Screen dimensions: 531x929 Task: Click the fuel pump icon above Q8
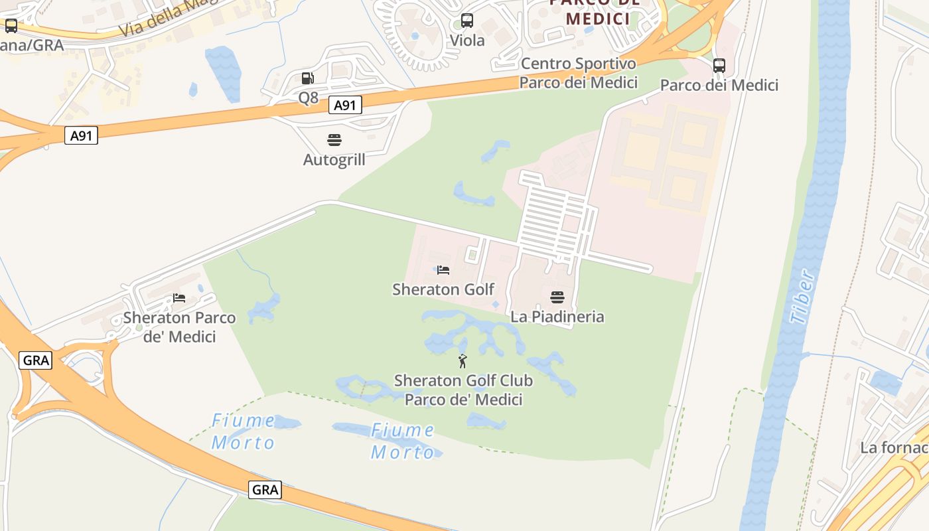(x=307, y=78)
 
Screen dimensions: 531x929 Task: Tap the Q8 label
(x=309, y=98)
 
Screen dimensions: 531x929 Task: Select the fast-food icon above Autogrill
(x=334, y=140)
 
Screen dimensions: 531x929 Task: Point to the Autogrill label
(x=334, y=160)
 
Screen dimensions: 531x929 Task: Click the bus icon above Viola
(x=467, y=21)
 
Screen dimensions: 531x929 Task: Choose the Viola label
(x=467, y=40)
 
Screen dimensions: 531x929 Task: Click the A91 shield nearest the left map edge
(x=81, y=136)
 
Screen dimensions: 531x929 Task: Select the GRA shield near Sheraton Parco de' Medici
(x=35, y=360)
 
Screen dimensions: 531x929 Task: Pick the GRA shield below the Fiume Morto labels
(x=265, y=491)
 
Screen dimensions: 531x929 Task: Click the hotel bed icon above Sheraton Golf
(x=443, y=270)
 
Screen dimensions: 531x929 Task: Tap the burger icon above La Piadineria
(x=557, y=297)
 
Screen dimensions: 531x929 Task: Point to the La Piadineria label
(x=557, y=317)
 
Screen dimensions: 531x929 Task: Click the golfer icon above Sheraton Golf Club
(x=463, y=361)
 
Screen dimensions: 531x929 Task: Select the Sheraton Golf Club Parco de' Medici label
(x=463, y=390)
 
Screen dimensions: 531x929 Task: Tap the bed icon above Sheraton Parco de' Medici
(x=179, y=298)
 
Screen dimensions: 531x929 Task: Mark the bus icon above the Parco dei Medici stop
(x=719, y=66)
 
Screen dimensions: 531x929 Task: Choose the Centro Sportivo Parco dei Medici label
(x=578, y=73)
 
